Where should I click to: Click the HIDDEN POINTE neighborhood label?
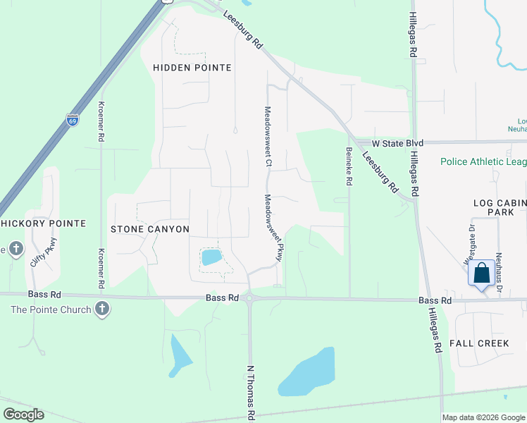192,68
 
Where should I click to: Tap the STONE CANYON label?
150,229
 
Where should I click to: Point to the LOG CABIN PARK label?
500,207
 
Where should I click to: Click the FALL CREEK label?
479,343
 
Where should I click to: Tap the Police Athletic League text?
483,161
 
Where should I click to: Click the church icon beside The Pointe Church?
102,309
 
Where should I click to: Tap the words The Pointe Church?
51,309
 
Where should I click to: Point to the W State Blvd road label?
397,143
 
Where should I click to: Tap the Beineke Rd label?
349,166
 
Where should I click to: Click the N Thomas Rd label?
250,391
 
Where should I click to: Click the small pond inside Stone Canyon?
211,257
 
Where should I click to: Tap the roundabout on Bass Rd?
250,298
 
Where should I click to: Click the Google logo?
23,415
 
